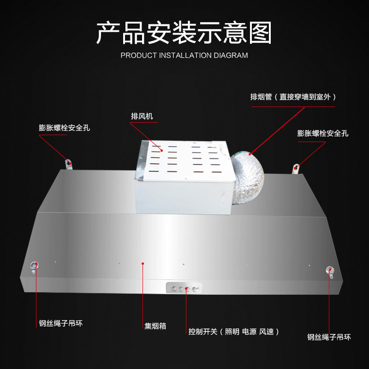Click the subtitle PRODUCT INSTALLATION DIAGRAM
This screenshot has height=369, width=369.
[184, 55]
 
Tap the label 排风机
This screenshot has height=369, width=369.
[142, 116]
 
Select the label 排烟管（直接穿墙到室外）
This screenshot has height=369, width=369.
[293, 97]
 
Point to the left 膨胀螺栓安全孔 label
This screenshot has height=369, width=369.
[64, 128]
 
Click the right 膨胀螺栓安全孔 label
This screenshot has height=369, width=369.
[323, 133]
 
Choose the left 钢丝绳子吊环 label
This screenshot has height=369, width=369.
[61, 323]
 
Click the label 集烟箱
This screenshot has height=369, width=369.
[155, 326]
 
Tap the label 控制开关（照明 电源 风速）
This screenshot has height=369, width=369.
[233, 332]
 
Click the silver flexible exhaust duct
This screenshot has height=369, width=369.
[248, 173]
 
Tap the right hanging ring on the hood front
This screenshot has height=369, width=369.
[329, 271]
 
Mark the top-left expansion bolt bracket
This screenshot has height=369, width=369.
[68, 163]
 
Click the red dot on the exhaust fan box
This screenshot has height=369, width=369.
[162, 149]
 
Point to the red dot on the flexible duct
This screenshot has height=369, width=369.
[250, 153]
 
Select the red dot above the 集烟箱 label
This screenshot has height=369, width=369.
[143, 263]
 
